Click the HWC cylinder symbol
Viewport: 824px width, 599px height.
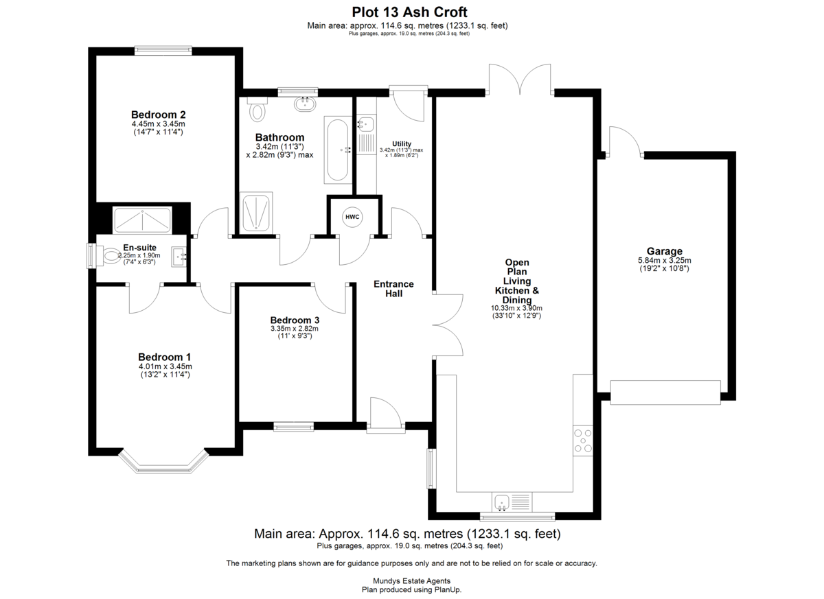coord(352,218)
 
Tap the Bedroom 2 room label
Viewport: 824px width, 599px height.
coord(159,115)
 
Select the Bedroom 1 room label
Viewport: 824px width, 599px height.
coord(164,357)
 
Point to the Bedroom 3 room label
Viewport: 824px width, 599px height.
coord(294,320)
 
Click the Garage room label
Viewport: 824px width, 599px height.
coord(664,251)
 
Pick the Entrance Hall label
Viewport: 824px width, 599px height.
coord(393,288)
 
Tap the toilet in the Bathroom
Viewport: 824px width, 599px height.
coord(257,108)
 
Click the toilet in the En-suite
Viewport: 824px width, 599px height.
coord(108,257)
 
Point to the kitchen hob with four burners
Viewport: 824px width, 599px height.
coord(582,441)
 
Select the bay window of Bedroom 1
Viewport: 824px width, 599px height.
coord(163,464)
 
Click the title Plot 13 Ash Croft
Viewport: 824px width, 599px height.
coord(410,12)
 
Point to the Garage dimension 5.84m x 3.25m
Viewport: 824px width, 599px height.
coord(664,261)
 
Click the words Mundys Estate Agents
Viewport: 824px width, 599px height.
coord(411,580)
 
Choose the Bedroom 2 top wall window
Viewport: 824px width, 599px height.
coord(163,49)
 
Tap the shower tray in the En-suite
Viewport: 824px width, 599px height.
coord(143,220)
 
